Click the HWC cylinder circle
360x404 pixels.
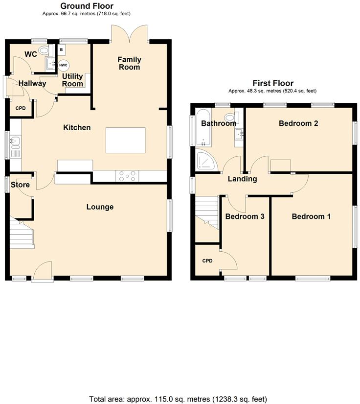(x=64, y=65)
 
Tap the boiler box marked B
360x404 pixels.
(x=62, y=49)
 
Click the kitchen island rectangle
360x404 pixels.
(x=126, y=141)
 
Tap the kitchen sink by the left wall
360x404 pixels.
(x=15, y=142)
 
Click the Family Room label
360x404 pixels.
(x=130, y=63)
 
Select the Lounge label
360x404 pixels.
(x=100, y=207)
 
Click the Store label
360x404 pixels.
(x=21, y=185)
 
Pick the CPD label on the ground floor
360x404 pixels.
(x=21, y=108)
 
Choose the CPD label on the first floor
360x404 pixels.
(x=207, y=261)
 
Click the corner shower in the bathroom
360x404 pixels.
(x=205, y=161)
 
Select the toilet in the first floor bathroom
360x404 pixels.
(x=229, y=117)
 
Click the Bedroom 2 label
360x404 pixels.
(x=298, y=123)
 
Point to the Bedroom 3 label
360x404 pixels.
(x=245, y=216)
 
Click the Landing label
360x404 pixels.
(x=243, y=179)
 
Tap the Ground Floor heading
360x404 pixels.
(x=87, y=6)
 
